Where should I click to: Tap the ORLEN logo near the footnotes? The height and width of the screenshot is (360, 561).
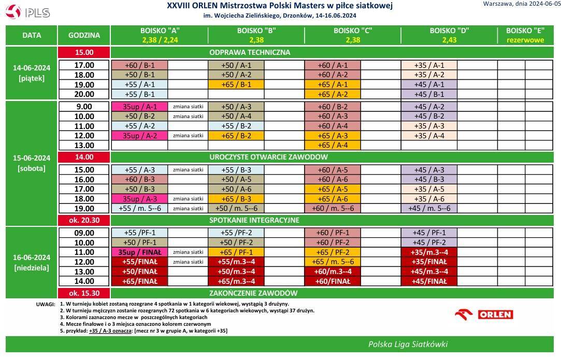[x=484, y=314]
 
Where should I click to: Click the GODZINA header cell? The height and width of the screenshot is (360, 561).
[x=84, y=36]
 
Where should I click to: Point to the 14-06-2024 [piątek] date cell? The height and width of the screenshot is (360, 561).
[x=31, y=73]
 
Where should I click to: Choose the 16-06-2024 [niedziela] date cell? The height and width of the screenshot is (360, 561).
[x=31, y=262]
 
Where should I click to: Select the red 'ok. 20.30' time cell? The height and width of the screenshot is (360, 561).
[x=84, y=220]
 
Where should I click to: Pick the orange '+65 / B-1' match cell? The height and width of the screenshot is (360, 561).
[x=236, y=84]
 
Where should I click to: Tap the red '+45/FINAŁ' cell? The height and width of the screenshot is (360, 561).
[x=428, y=281]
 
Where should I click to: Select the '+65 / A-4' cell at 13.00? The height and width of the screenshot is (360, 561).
[x=332, y=146]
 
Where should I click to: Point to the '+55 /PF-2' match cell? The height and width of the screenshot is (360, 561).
[x=236, y=233]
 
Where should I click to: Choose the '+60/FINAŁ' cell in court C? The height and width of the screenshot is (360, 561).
[x=332, y=281]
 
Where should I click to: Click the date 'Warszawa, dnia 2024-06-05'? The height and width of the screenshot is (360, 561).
[x=520, y=4]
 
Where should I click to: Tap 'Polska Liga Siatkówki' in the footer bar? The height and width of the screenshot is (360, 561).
[x=408, y=344]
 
